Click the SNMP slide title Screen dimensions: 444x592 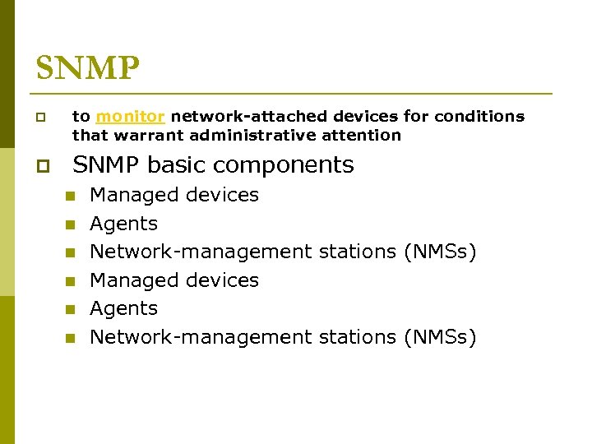88,68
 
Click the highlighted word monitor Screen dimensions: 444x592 130,117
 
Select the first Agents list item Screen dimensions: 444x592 123,224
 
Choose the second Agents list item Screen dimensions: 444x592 123,308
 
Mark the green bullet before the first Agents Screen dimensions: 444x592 71,224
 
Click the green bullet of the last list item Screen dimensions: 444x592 71,338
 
